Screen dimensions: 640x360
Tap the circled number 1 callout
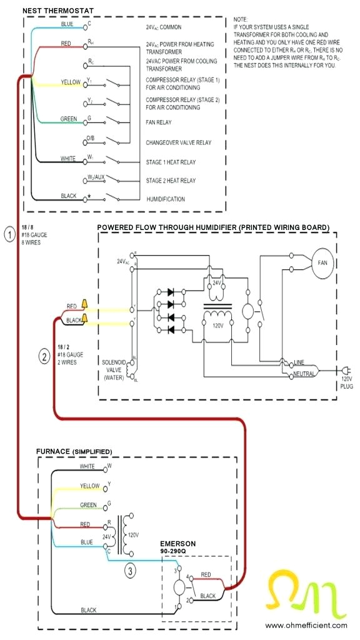[x=9, y=235]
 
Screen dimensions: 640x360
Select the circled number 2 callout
[x=44, y=357]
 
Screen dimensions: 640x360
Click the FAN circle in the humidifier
[x=322, y=262]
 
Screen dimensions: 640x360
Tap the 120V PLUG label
[x=346, y=382]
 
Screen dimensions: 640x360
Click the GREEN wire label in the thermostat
[x=69, y=119]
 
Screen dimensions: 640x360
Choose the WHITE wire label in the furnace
[x=88, y=466]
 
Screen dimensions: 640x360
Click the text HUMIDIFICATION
[x=165, y=199]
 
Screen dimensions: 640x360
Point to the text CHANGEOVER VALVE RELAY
[x=178, y=143]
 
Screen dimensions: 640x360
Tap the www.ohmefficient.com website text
[x=306, y=625]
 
